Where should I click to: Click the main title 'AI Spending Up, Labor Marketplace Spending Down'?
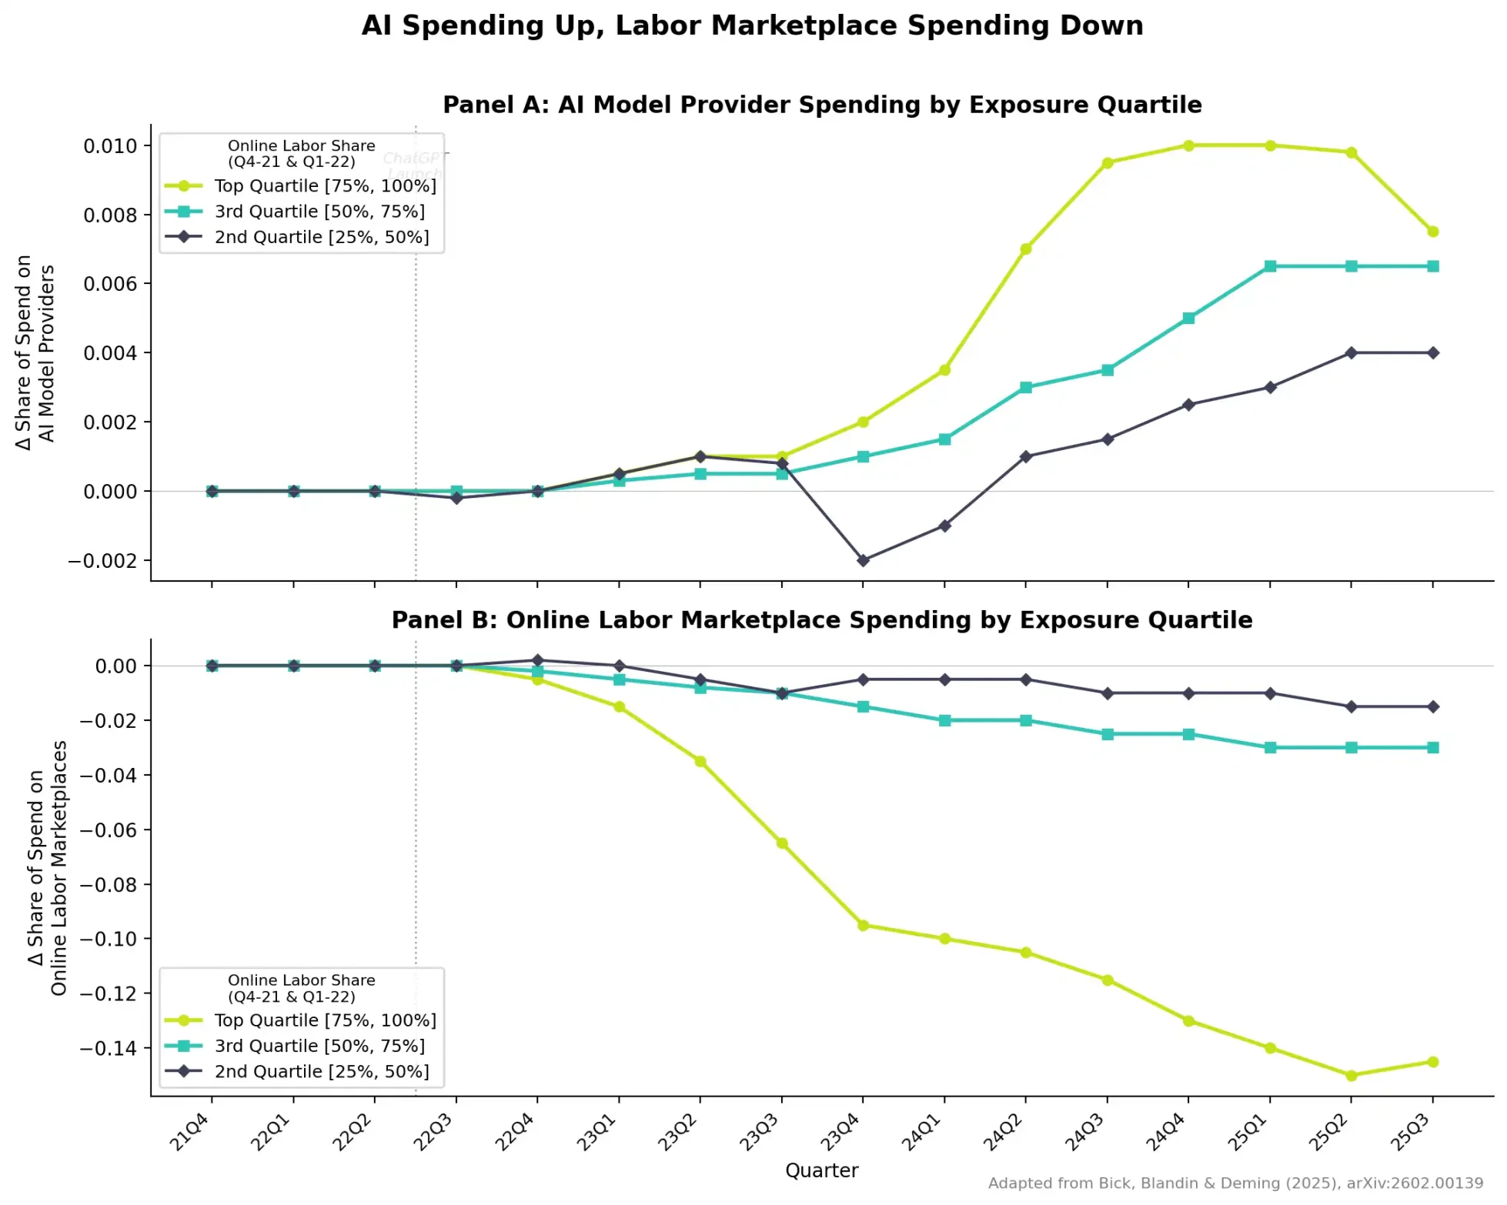coord(752,25)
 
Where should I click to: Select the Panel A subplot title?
coord(821,105)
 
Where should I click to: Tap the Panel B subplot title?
coord(821,620)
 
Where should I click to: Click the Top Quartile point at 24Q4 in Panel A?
coord(1188,145)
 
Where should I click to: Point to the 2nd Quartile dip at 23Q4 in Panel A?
coord(863,560)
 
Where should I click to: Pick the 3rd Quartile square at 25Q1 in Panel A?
coord(1270,266)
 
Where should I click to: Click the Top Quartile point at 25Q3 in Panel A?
coord(1432,232)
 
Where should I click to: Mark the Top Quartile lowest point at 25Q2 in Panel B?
coord(1351,1075)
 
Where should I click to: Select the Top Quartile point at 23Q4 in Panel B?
coord(863,925)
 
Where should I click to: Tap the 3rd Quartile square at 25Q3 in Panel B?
coord(1432,747)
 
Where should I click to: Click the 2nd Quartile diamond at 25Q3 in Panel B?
coord(1432,706)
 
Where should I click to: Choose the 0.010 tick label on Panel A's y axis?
coord(110,146)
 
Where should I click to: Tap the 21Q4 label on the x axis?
coord(189,1133)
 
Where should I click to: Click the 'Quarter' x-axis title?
coord(821,1170)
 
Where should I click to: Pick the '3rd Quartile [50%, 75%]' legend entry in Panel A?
coord(319,212)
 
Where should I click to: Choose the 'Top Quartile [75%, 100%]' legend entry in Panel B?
coord(325,1020)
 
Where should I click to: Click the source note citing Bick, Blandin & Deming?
coord(1235,1183)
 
